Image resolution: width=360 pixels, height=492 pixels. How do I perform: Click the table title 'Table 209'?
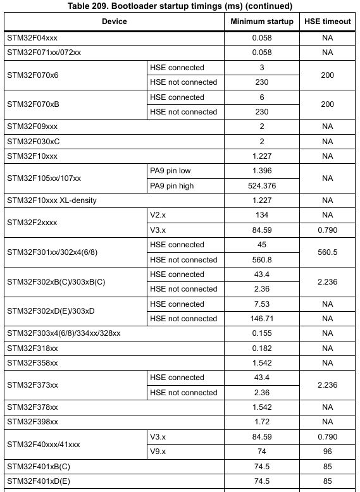point(179,7)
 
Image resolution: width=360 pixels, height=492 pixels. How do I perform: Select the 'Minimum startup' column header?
point(262,22)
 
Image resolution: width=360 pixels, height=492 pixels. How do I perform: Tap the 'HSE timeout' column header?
point(327,22)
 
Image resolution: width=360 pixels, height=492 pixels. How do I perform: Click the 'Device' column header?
point(115,22)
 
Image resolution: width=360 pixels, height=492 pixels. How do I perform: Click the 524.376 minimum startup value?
point(262,186)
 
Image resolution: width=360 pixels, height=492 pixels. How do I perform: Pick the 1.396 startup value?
point(262,171)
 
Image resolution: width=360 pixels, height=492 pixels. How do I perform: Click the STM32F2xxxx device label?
point(32,223)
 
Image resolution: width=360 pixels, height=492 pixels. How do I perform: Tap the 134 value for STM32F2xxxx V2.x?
point(262,215)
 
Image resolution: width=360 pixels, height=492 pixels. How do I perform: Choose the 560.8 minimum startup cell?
point(262,260)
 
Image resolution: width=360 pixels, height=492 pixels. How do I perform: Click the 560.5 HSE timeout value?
point(327,252)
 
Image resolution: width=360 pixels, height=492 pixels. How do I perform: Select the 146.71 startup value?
point(262,319)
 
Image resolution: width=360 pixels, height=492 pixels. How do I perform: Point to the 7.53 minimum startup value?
point(262,304)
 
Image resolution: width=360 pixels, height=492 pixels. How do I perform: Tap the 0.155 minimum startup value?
point(262,333)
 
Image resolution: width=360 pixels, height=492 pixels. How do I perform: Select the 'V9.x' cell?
point(158,452)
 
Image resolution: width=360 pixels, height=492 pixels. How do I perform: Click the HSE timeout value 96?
point(327,452)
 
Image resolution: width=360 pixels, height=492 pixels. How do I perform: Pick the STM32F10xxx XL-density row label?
point(52,200)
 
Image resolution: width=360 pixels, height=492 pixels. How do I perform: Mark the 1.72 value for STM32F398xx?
point(262,422)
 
